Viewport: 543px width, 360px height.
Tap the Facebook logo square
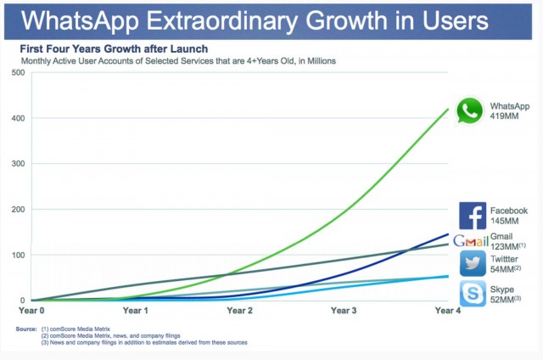[x=472, y=216]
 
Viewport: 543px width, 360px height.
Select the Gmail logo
[x=470, y=240]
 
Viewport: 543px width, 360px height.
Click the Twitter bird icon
[x=472, y=263]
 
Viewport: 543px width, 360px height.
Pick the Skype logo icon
[x=472, y=294]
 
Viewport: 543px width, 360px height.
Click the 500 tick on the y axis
[x=15, y=72]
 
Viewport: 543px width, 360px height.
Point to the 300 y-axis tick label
[x=15, y=163]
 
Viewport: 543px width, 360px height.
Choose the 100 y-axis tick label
[x=15, y=255]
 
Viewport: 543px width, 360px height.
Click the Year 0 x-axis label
[x=31, y=312]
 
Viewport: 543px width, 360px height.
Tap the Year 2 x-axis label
[x=239, y=312]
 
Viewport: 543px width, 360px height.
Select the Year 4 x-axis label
[x=446, y=312]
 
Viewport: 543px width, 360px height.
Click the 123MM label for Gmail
[x=507, y=245]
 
